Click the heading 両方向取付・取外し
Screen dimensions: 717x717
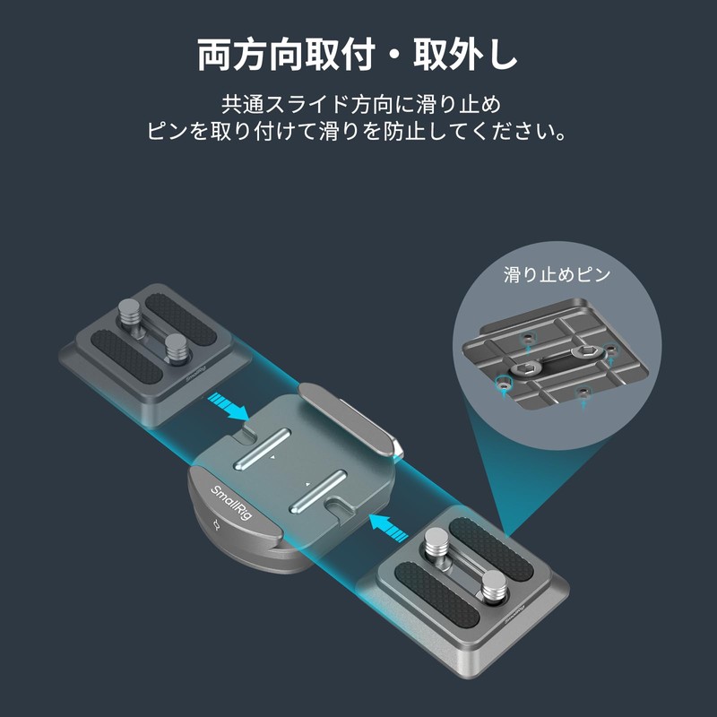(358, 55)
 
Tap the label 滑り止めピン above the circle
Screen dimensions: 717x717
(557, 273)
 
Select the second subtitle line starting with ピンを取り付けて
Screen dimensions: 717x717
(358, 131)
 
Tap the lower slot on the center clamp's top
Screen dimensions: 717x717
(318, 488)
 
